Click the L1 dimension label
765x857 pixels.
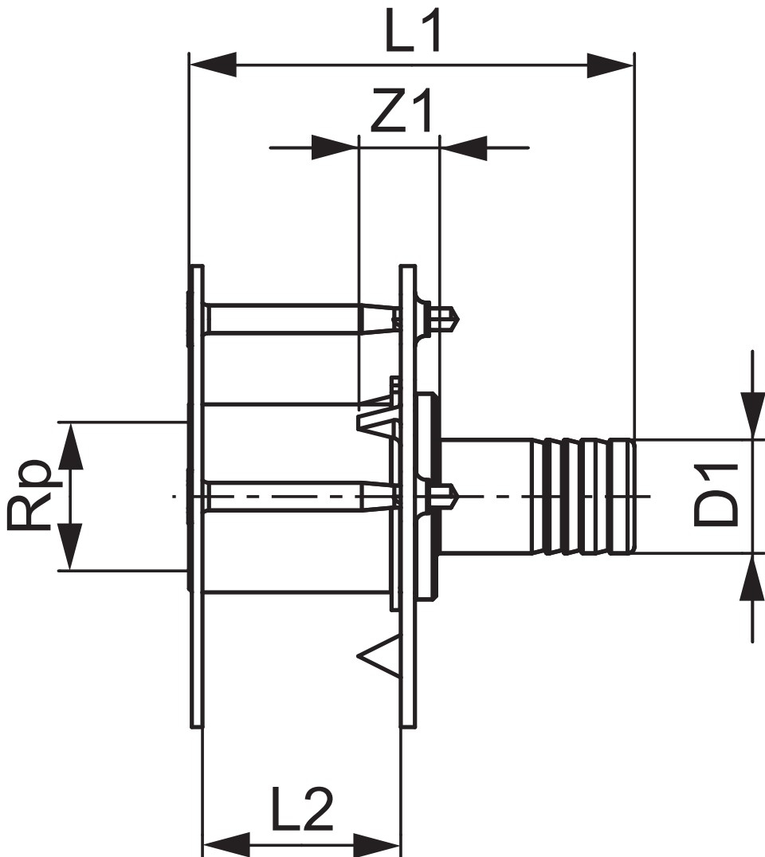(412, 32)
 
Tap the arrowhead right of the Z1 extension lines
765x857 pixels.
(463, 147)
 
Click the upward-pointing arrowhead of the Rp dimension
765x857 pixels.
(70, 446)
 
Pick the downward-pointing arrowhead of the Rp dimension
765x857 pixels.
(70, 547)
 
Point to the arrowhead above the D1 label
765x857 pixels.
(751, 415)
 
